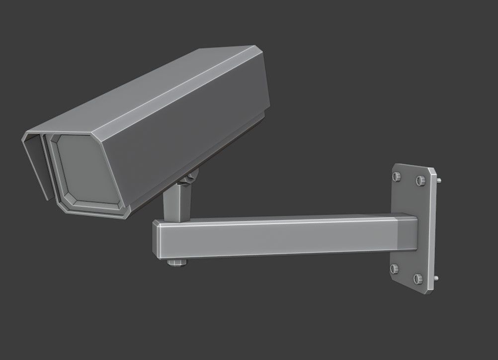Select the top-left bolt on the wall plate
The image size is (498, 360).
[x=396, y=177]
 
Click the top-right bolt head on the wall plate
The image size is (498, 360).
[x=419, y=180]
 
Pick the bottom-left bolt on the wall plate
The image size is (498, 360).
[x=395, y=269]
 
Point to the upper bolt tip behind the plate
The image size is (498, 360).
[x=439, y=180]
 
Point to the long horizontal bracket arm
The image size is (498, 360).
[x=278, y=236]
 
